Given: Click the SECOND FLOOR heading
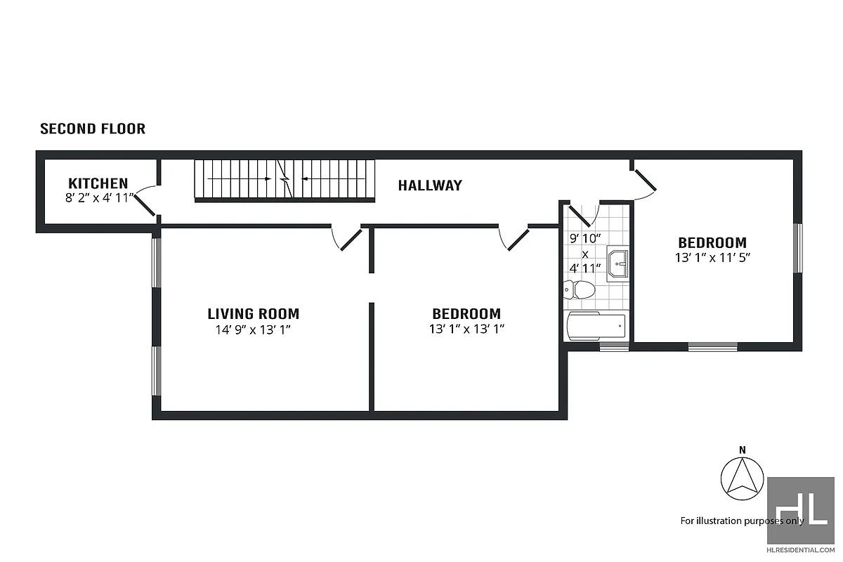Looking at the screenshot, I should (x=93, y=129).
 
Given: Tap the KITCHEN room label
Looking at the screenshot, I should (x=98, y=184).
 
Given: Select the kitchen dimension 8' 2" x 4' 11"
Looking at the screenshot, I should (x=98, y=198).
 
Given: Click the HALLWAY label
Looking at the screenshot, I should (x=430, y=185).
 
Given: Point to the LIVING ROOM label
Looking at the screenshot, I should (x=253, y=314).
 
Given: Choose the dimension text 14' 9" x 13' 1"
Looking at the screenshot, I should (x=253, y=329).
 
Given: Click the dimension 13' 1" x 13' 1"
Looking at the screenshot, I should (x=466, y=329).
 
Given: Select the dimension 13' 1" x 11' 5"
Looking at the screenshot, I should (x=712, y=258).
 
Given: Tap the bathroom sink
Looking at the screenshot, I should (x=617, y=265).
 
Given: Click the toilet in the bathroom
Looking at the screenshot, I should (x=579, y=289).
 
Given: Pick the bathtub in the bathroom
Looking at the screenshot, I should (x=596, y=326).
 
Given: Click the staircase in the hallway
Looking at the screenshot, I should (x=285, y=179).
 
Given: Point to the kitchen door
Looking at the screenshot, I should (x=145, y=203).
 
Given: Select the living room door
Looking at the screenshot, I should (x=348, y=239).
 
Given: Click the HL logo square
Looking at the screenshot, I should (x=800, y=509).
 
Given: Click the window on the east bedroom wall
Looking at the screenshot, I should (x=797, y=247).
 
